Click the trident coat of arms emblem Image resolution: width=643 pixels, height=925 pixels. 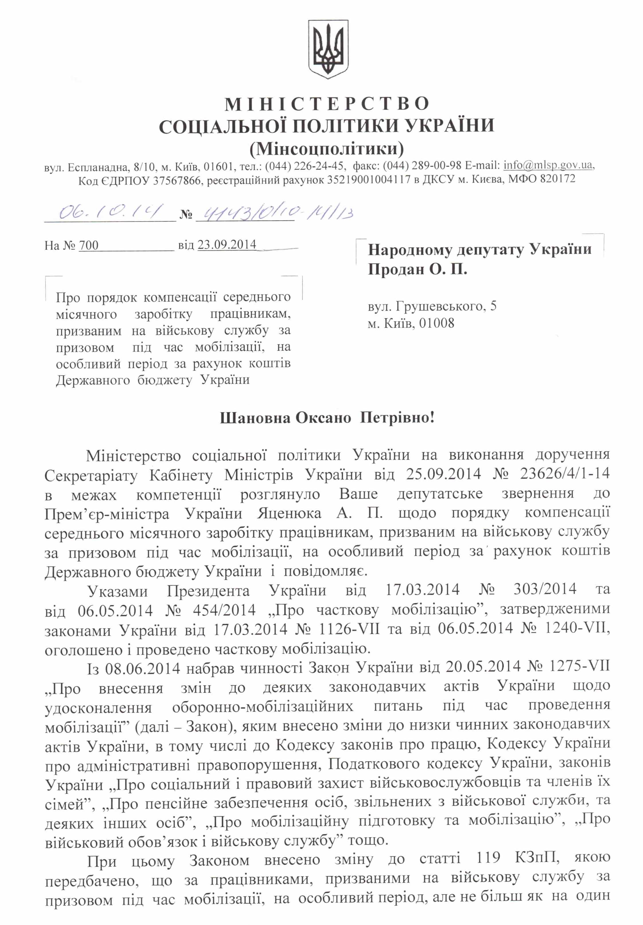pyautogui.click(x=328, y=50)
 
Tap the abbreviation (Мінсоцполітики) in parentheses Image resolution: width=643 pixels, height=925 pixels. pyautogui.click(x=327, y=149)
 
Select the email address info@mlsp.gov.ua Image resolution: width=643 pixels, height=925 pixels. pyautogui.click(x=548, y=165)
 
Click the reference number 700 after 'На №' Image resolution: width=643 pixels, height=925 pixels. pyautogui.click(x=89, y=245)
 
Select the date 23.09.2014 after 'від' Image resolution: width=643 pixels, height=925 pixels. pyautogui.click(x=227, y=245)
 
